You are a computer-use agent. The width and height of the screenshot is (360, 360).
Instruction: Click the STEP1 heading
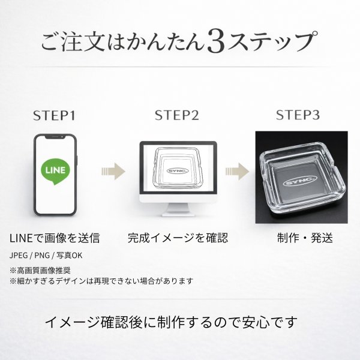pos(55,115)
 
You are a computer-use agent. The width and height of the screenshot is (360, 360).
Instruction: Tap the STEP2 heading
pos(176,115)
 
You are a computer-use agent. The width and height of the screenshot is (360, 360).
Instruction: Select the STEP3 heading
pos(298,115)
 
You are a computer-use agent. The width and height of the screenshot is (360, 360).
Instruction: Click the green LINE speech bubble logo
pos(55,171)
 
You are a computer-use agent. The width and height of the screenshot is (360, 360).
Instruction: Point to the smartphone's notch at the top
pos(55,137)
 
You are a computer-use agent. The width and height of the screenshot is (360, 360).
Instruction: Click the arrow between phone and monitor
pos(113,171)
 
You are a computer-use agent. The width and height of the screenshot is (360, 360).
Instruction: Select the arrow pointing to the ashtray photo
pos(237,171)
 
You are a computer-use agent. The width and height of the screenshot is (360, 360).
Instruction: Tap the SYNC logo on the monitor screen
pos(178,170)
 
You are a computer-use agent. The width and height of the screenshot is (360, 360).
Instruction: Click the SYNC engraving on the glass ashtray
pos(300,181)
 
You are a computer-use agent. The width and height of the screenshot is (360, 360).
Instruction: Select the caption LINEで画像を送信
pos(55,238)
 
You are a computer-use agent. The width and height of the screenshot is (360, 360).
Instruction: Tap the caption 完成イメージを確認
pos(178,238)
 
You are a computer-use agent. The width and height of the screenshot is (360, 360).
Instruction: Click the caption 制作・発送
pos(305,238)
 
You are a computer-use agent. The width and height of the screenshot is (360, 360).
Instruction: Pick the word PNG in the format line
pos(42,256)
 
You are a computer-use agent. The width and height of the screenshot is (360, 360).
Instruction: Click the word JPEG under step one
pos(19,256)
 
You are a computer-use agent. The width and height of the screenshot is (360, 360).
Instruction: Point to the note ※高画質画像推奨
pos(40,271)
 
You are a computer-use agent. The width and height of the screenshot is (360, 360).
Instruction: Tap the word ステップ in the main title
pos(272,41)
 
